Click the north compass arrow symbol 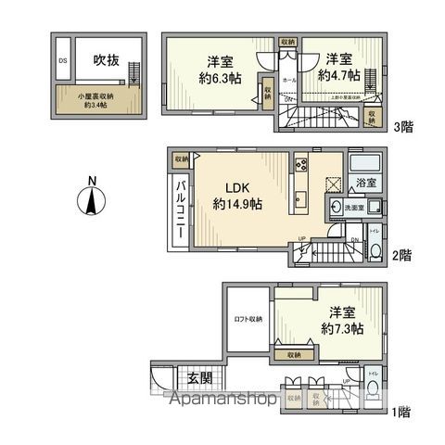coord(90,199)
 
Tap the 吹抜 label coord(105,61)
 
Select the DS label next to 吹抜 coord(63,61)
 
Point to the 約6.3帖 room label coord(220,71)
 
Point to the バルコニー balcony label coord(181,208)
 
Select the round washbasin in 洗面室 coord(336,209)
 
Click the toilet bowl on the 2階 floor coord(373,250)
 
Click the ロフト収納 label coord(247,319)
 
